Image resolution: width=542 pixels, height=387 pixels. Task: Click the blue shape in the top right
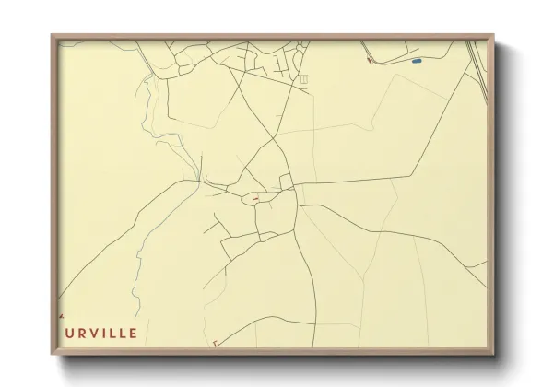point(417,61)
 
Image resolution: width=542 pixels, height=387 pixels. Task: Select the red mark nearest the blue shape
point(369,61)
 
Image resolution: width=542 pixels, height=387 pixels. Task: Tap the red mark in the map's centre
point(255,197)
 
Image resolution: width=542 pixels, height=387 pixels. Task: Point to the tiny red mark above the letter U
point(62,315)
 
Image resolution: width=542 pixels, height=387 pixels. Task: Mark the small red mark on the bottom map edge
point(213,344)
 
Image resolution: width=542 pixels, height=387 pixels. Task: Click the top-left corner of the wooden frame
point(52,35)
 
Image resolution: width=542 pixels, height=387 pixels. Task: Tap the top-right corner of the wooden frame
point(495,35)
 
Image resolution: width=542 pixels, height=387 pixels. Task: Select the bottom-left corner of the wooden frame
point(52,353)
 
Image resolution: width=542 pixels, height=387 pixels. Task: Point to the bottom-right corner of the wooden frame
point(495,353)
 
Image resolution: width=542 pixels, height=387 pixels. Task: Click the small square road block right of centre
point(286,180)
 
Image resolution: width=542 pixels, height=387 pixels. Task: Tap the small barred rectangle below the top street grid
point(302,81)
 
